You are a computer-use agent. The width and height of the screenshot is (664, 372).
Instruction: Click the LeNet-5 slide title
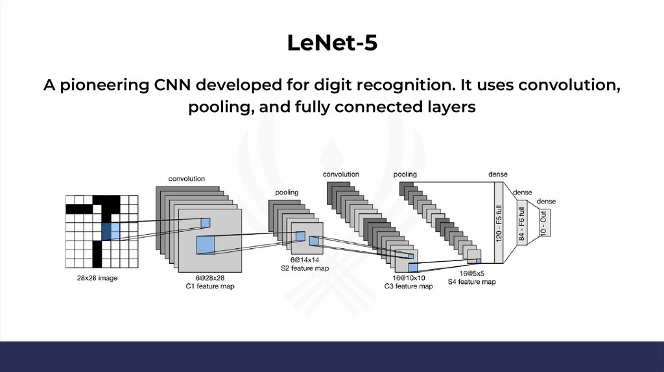click(x=331, y=43)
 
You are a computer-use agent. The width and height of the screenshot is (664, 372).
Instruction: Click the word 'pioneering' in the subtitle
click(x=112, y=86)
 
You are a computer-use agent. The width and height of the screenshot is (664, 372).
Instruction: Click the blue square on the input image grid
click(x=111, y=231)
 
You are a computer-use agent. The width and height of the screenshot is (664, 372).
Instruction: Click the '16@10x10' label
click(x=408, y=277)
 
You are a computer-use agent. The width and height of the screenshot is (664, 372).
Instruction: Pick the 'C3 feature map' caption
click(x=408, y=286)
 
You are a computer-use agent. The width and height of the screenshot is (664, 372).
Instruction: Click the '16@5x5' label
click(x=472, y=273)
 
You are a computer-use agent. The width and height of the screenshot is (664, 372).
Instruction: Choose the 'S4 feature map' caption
click(x=472, y=281)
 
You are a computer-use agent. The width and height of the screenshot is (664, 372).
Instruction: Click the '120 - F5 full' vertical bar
click(x=499, y=222)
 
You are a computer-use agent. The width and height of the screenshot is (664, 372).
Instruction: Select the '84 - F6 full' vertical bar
click(x=521, y=222)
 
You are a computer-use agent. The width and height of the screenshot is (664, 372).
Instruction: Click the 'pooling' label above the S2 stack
click(x=287, y=192)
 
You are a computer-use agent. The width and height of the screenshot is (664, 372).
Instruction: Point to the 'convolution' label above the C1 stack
click(x=187, y=178)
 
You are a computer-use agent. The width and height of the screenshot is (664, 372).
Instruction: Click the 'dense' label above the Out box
click(x=545, y=202)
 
